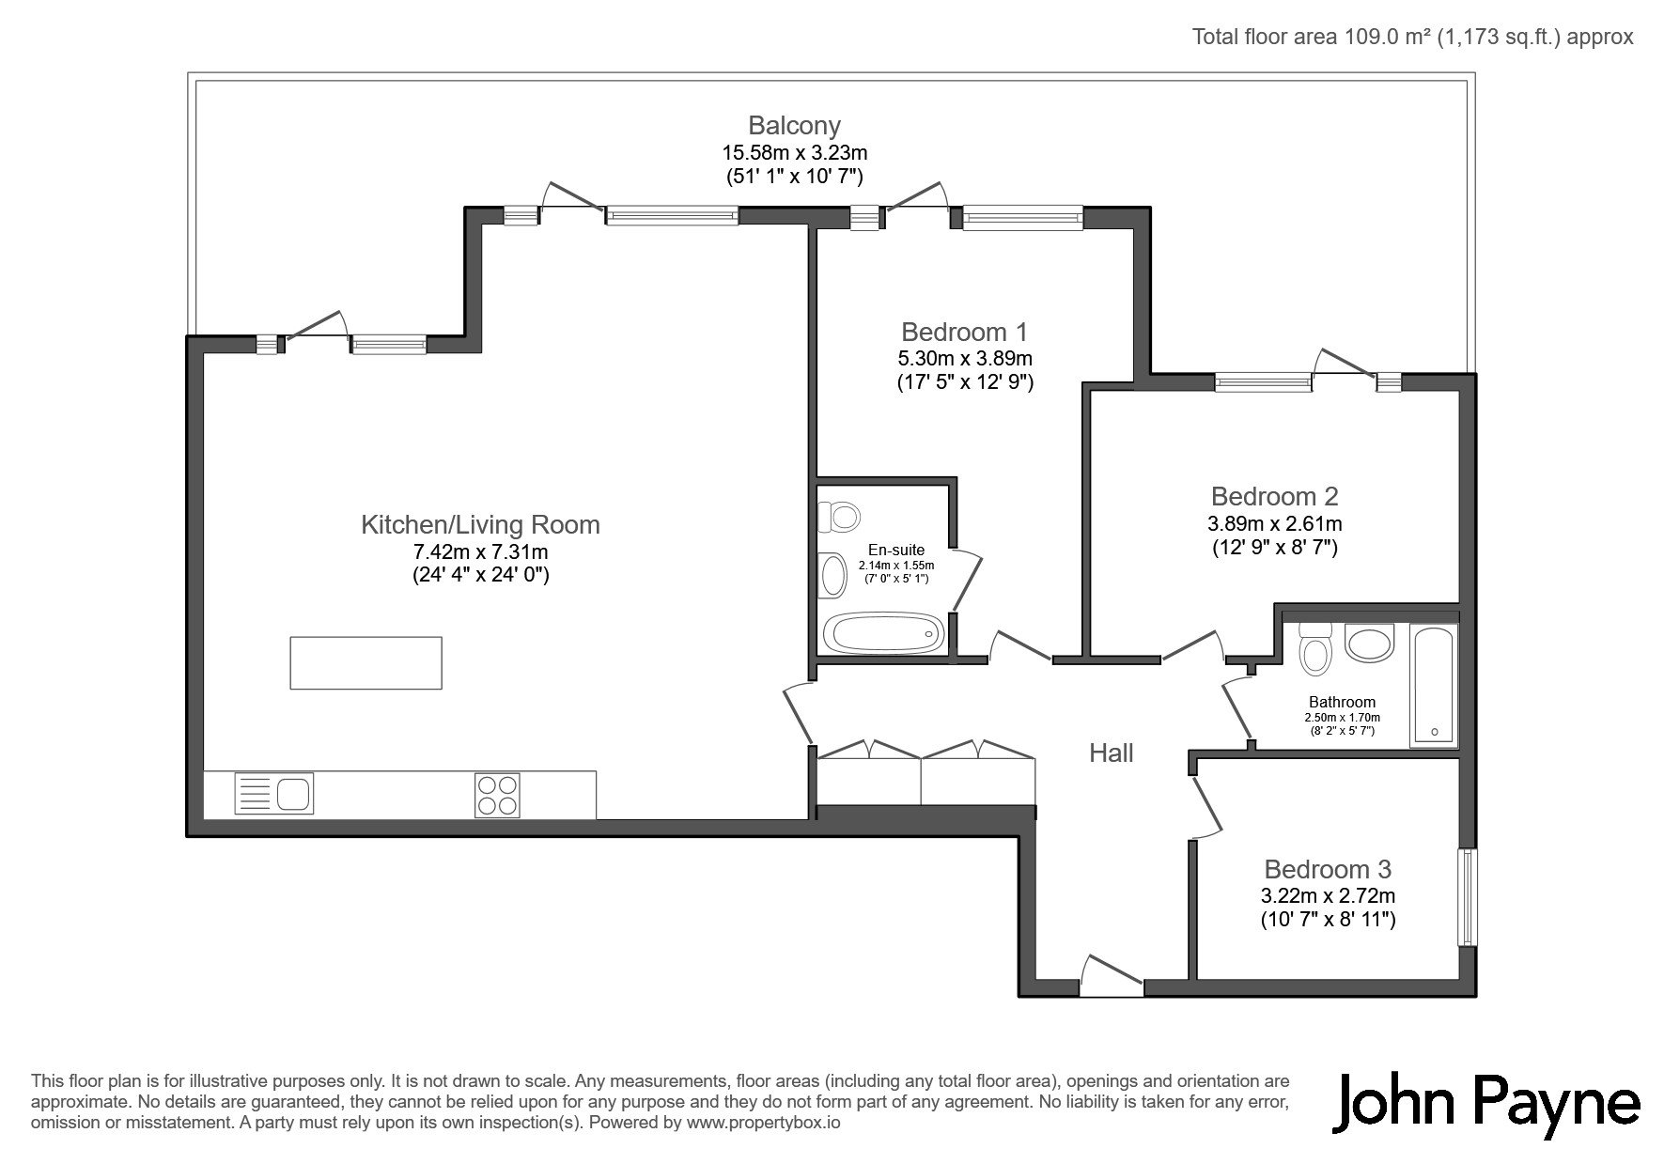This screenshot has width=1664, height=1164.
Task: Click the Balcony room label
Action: (794, 125)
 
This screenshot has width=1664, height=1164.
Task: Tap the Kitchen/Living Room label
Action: (480, 524)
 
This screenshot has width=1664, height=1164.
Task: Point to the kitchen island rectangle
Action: (365, 662)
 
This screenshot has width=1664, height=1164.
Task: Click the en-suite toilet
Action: (839, 516)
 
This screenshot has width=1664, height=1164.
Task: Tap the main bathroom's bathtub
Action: (1434, 686)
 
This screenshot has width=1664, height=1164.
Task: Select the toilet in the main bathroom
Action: (1313, 648)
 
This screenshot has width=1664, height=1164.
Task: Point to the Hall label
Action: (1111, 753)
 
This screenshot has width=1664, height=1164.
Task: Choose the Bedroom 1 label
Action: (964, 332)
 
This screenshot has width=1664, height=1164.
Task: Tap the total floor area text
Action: (1413, 37)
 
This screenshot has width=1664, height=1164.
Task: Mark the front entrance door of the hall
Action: (1112, 975)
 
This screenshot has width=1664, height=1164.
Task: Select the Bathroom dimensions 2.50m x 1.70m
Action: (1341, 718)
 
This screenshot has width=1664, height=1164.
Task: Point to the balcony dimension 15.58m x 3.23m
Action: (794, 151)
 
